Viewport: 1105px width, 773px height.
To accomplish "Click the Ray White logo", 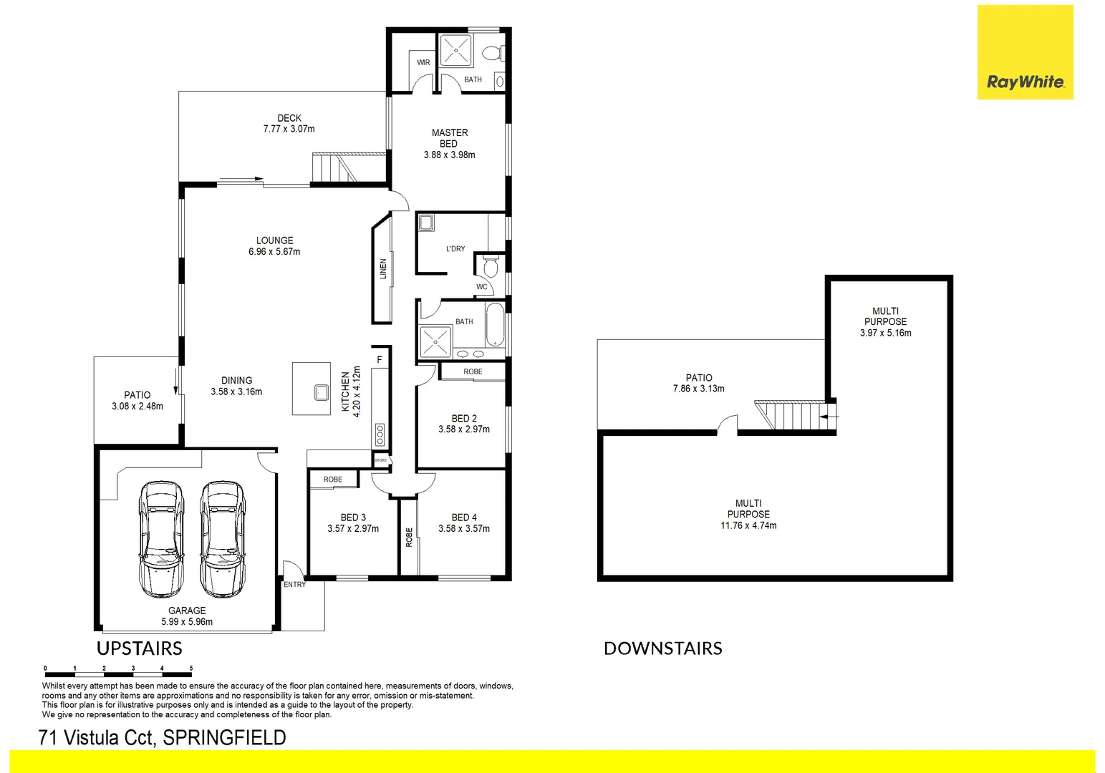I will click(x=1025, y=52).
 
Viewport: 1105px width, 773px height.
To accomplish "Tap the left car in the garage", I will click(x=162, y=540).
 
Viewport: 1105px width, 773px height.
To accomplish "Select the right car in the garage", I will click(x=223, y=540).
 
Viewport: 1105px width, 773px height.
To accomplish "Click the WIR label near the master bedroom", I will click(x=423, y=63).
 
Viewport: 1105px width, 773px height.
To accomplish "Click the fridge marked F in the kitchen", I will click(x=380, y=359).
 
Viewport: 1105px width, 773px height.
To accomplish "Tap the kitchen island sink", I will click(x=321, y=392).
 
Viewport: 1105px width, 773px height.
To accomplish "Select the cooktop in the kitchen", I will click(x=380, y=434).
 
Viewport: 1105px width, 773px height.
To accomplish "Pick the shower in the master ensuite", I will click(x=455, y=49).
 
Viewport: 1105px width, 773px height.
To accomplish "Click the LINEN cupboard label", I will click(x=382, y=269).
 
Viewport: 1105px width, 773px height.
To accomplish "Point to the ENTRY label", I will click(x=294, y=585).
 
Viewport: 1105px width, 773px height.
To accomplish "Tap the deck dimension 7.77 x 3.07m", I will click(x=289, y=130).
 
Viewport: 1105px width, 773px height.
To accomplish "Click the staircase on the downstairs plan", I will click(x=795, y=416).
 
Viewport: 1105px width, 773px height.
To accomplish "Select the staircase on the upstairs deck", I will click(x=334, y=169).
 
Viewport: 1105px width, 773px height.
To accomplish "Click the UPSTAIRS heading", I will click(x=140, y=648).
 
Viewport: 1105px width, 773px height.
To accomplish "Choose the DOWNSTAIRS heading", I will click(x=662, y=648).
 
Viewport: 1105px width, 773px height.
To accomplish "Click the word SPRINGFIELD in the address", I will click(x=224, y=738).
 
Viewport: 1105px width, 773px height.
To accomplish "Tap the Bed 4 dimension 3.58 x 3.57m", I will click(x=464, y=529).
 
